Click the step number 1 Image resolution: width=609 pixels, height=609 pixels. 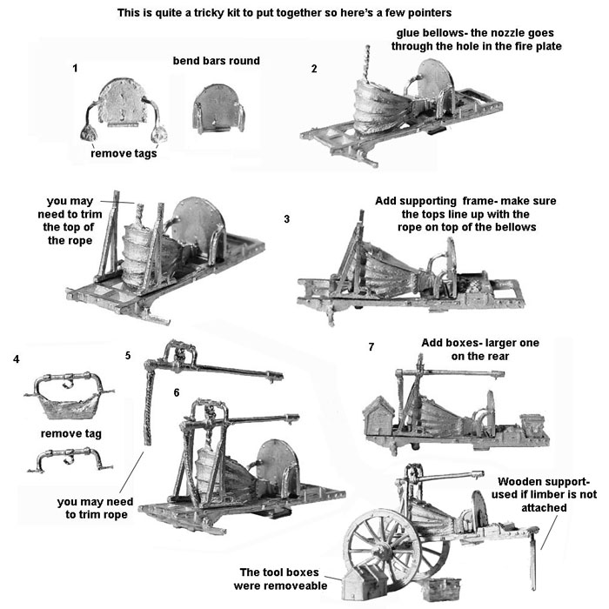click(77, 67)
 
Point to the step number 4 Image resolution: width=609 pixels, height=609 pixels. click(17, 358)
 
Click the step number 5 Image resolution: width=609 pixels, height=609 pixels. click(128, 355)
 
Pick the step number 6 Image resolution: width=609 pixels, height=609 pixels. click(177, 392)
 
